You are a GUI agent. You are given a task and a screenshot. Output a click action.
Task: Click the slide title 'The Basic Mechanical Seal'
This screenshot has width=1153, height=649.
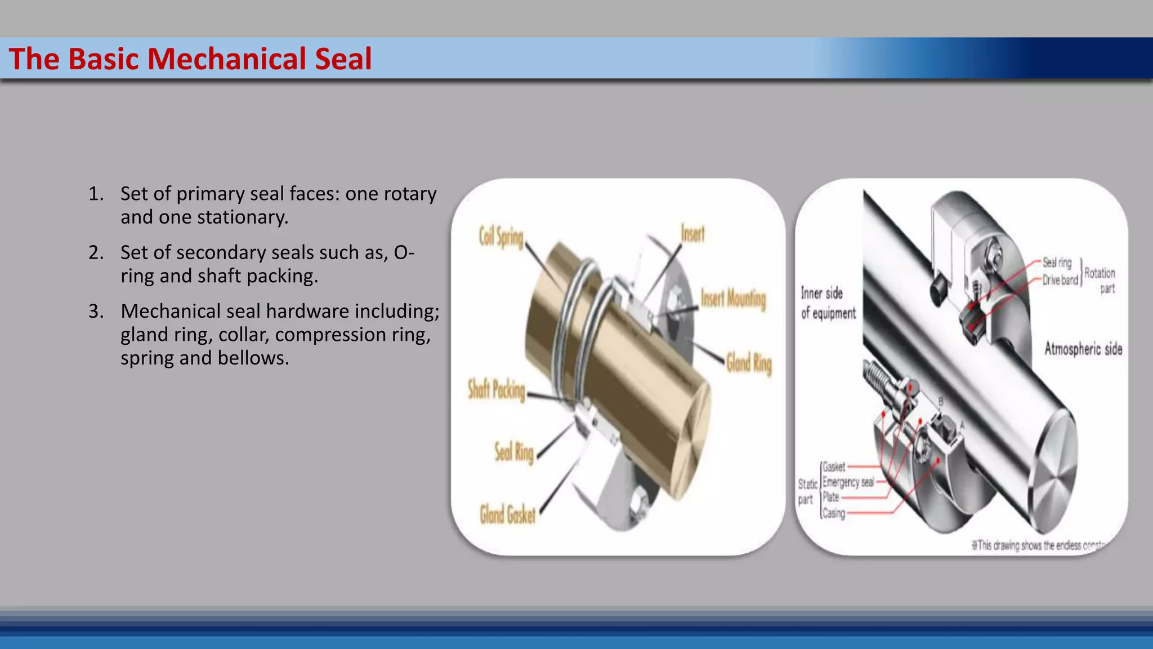(x=190, y=59)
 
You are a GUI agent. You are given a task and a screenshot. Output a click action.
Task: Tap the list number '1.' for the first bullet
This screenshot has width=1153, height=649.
(x=96, y=194)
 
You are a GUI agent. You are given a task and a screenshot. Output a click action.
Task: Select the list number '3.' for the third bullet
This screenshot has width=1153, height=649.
(x=96, y=311)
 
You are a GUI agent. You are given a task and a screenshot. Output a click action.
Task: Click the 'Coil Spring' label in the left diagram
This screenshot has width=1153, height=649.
(x=501, y=237)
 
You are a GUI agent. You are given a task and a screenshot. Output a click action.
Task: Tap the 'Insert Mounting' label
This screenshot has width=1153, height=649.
(x=733, y=298)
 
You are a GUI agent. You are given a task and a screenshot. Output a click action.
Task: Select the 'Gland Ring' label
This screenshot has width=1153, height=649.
(x=749, y=363)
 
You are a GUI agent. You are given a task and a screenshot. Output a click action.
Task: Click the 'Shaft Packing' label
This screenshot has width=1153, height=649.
(x=497, y=390)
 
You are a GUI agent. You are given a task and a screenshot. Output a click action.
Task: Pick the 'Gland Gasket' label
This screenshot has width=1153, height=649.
(x=507, y=514)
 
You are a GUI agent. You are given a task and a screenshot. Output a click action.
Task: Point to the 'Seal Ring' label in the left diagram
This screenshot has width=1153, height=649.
(x=514, y=452)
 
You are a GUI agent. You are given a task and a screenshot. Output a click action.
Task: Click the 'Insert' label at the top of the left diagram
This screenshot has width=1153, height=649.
(x=692, y=233)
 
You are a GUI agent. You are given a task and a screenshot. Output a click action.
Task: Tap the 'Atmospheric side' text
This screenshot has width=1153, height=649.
(x=1083, y=349)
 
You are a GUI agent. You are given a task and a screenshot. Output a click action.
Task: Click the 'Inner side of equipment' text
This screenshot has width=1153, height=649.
(x=828, y=303)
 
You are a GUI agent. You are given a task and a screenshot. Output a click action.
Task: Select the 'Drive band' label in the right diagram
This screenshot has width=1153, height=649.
(x=1060, y=280)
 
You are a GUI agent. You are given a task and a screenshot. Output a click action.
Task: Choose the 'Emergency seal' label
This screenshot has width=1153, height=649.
(x=848, y=482)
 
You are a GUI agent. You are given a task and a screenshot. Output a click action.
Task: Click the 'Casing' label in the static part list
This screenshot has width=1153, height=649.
(x=834, y=513)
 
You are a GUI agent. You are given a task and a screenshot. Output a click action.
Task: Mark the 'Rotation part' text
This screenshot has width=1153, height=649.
(x=1100, y=281)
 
